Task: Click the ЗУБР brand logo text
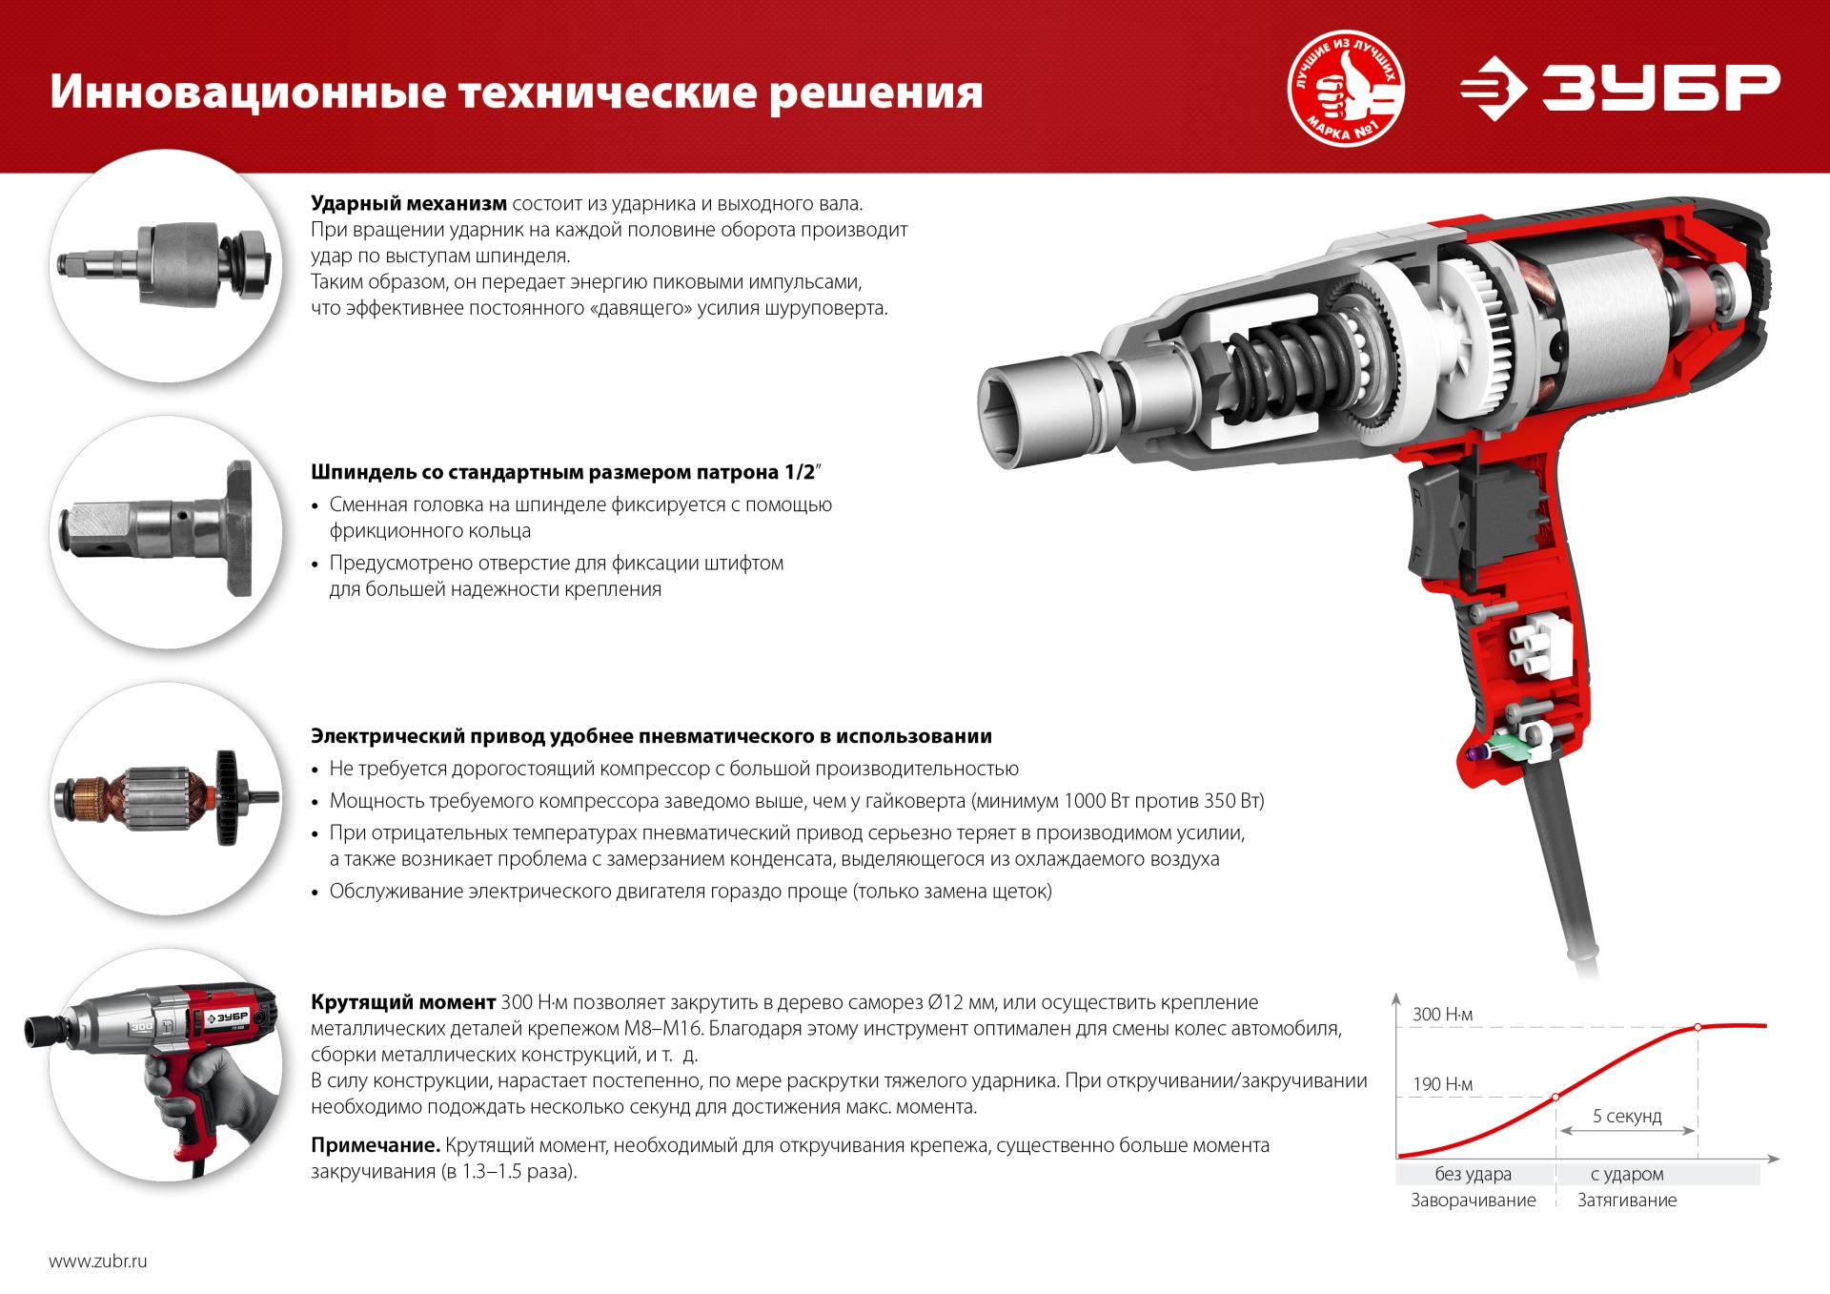[1660, 87]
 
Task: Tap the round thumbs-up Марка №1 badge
[1345, 88]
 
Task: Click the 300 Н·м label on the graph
[1442, 1015]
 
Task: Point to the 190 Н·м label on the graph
[1442, 1084]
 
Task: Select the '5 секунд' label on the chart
[1626, 1116]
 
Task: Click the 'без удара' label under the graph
[1473, 1174]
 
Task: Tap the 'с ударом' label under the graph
[1626, 1174]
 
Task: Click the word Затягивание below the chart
[1626, 1201]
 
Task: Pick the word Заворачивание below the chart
[1473, 1201]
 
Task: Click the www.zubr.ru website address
[98, 1261]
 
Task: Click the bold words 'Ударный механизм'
[409, 203]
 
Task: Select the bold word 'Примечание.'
[375, 1145]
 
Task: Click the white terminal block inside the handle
[1536, 647]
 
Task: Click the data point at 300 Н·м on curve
[1698, 1027]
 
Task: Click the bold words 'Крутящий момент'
[402, 1002]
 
